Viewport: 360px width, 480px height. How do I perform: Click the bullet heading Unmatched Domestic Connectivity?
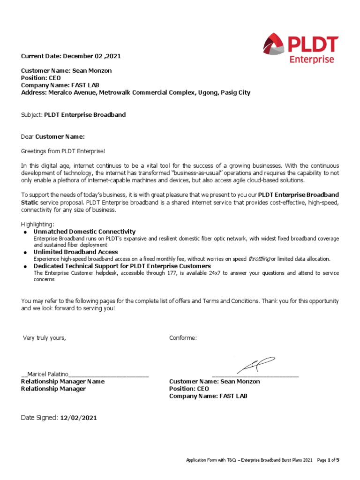pos(84,232)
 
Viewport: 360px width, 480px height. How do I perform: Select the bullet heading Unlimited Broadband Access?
pos(75,252)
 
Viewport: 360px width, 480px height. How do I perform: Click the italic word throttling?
pos(259,259)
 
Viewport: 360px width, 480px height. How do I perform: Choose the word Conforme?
pos(183,338)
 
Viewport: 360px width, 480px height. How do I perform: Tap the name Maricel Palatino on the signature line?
pos(48,374)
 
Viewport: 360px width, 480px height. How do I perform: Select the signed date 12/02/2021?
pos(78,418)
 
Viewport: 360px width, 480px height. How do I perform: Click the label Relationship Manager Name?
pos(63,382)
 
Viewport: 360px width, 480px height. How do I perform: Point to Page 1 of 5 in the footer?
pos(328,460)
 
